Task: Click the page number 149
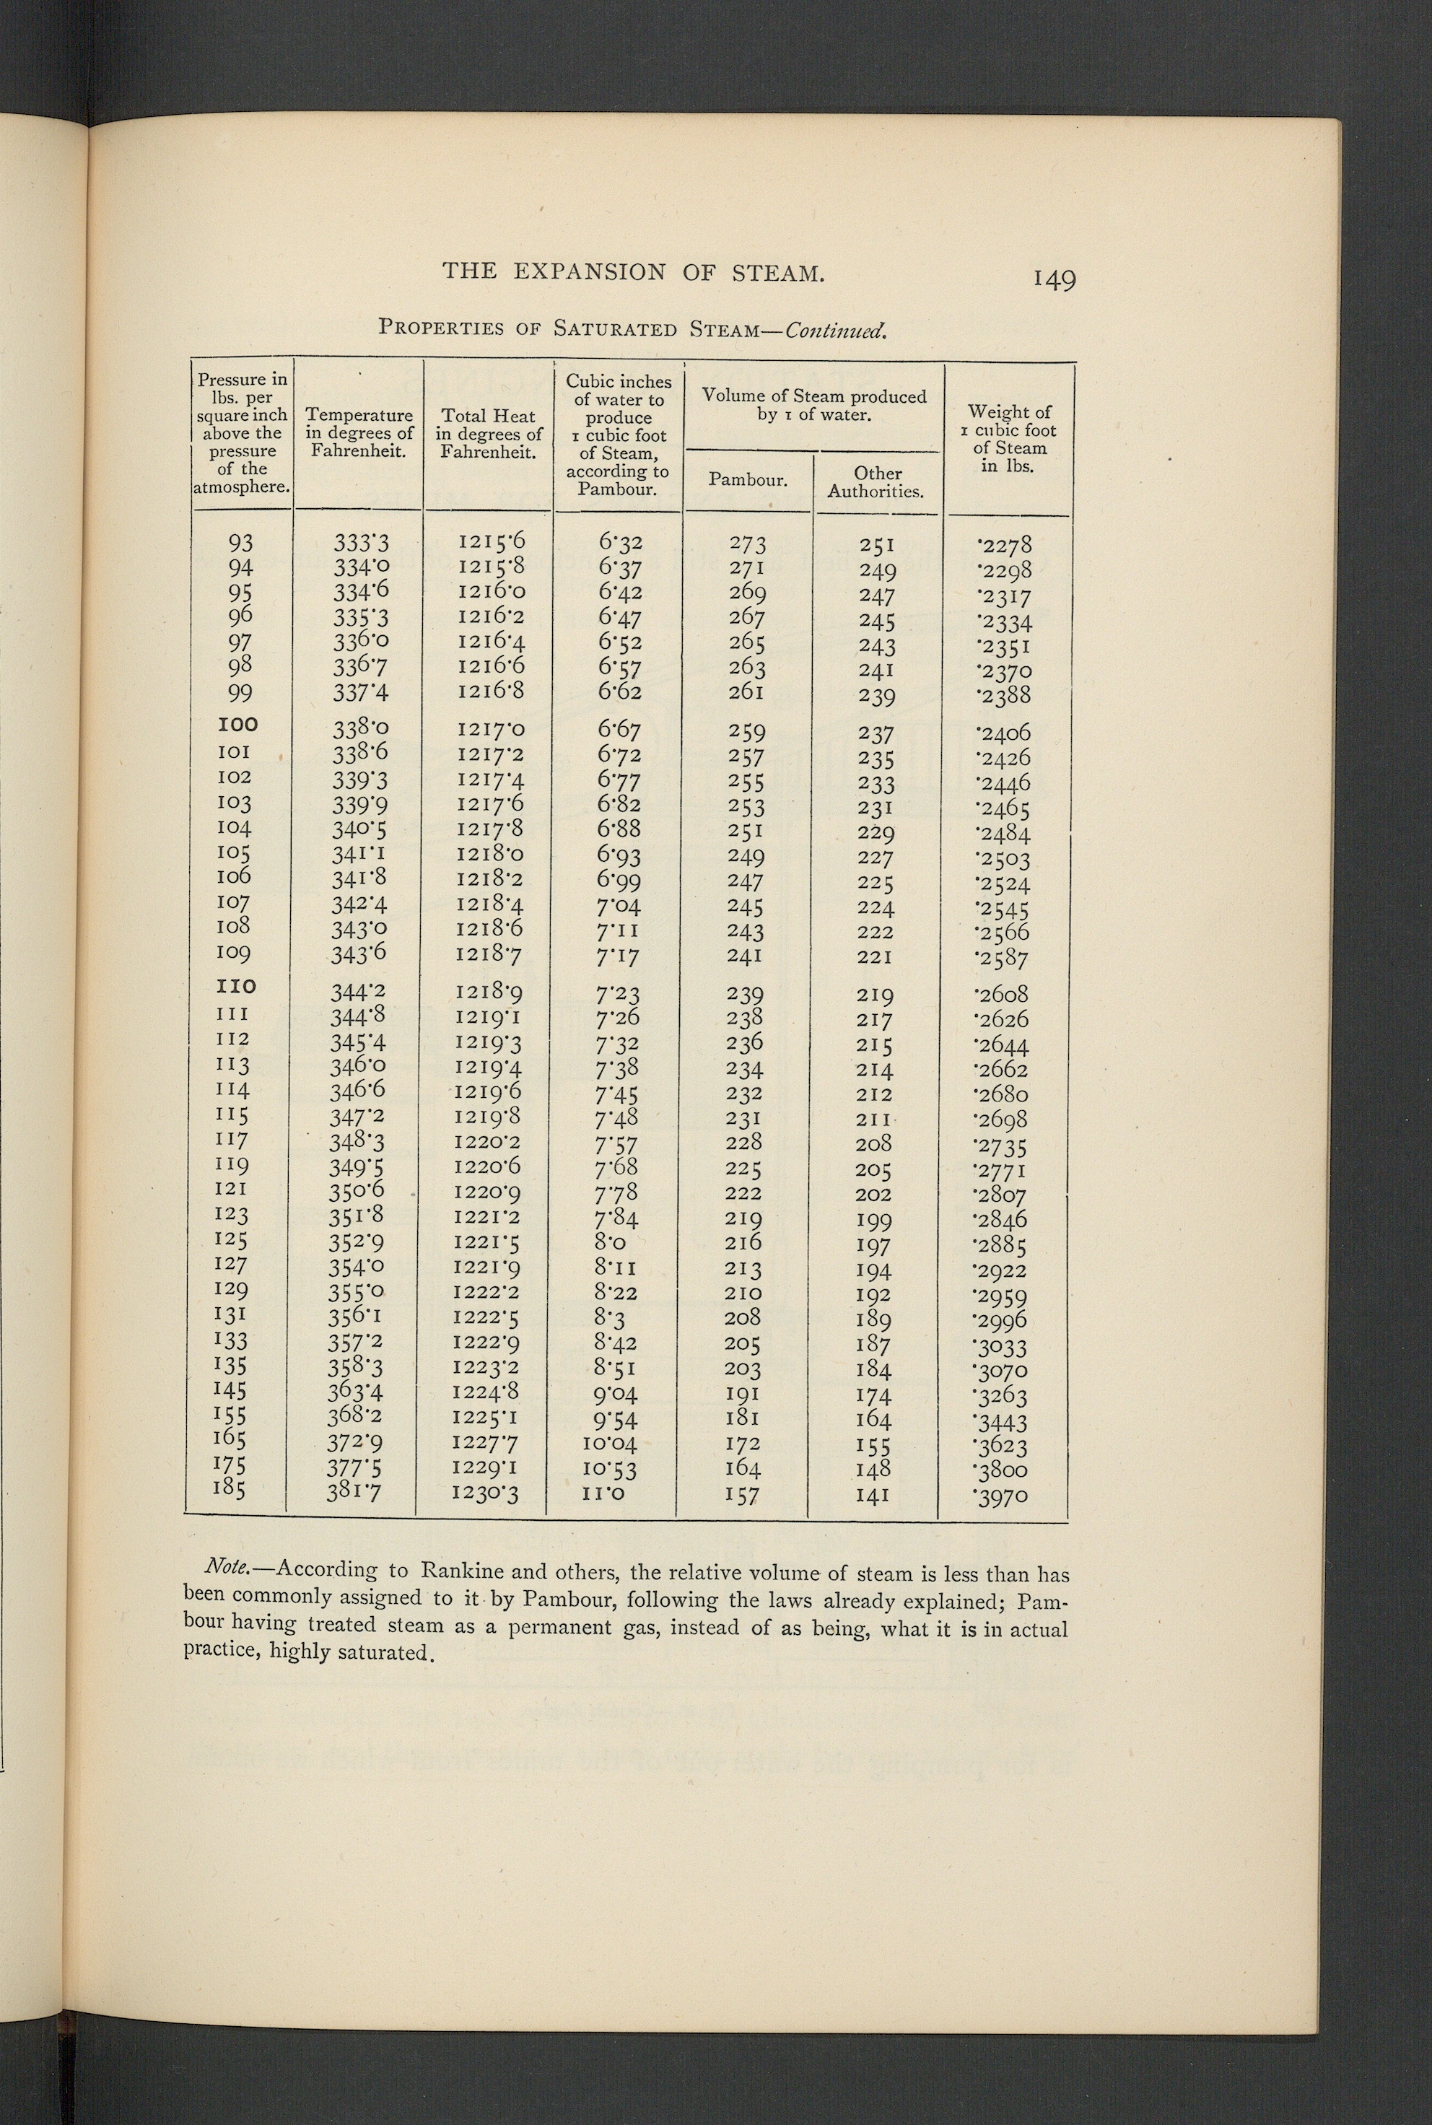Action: point(1054,279)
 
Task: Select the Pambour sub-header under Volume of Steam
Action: point(748,479)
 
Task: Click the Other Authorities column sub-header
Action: point(877,482)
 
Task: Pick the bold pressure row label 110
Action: point(237,986)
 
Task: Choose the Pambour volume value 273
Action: point(747,544)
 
